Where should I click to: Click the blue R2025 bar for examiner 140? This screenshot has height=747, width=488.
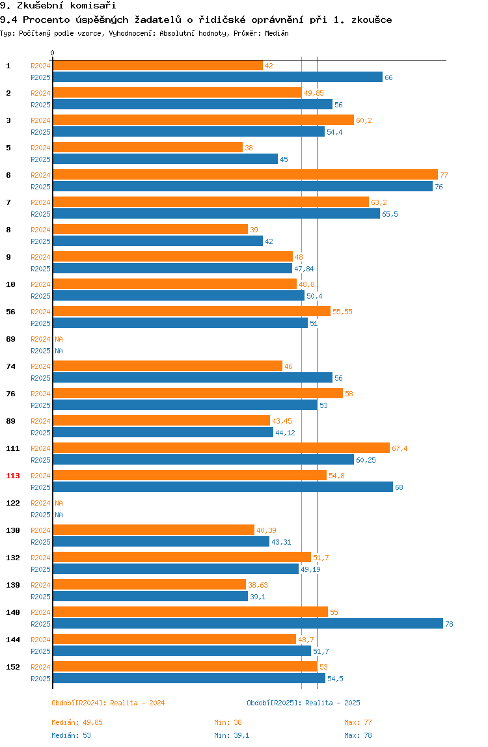click(x=248, y=623)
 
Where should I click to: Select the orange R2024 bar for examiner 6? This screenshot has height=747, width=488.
click(x=245, y=175)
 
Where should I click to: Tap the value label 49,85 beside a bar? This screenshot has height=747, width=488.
click(x=314, y=94)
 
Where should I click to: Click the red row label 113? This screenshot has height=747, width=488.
click(x=13, y=476)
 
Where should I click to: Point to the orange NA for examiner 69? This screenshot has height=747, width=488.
click(x=59, y=339)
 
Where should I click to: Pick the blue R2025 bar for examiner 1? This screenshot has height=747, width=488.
click(x=218, y=77)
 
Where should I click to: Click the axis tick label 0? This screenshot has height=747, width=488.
click(x=53, y=53)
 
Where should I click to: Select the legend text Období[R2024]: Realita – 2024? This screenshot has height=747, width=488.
click(x=108, y=703)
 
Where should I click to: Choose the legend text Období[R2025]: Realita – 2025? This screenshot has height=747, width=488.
click(x=304, y=703)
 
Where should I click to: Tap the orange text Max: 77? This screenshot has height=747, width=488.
click(x=358, y=722)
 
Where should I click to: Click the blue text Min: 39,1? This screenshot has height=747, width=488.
click(x=232, y=735)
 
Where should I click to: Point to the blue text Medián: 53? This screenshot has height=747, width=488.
click(x=71, y=735)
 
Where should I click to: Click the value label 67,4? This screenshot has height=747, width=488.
click(x=400, y=449)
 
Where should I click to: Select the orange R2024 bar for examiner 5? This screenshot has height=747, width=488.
click(x=148, y=148)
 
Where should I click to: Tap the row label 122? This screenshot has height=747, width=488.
click(x=13, y=503)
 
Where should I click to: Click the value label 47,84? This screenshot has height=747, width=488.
click(x=304, y=269)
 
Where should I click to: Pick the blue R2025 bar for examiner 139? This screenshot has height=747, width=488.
click(x=150, y=597)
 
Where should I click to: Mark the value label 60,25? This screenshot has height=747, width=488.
click(x=366, y=460)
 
